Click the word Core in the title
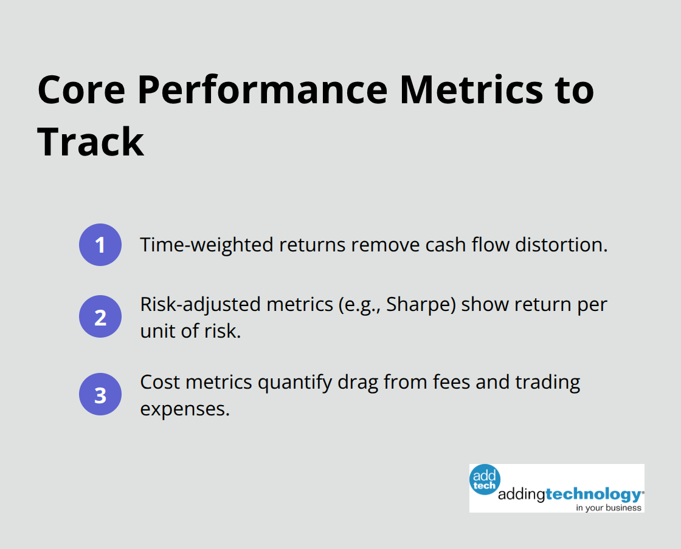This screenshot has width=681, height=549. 80,90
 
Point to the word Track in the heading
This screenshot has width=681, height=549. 91,142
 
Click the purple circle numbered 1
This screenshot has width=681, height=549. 100,245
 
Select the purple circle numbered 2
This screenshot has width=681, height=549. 100,317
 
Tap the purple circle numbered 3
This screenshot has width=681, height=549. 100,395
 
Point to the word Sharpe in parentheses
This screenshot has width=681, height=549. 427,304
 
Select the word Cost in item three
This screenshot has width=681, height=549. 160,383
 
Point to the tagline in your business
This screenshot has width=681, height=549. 608,507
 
